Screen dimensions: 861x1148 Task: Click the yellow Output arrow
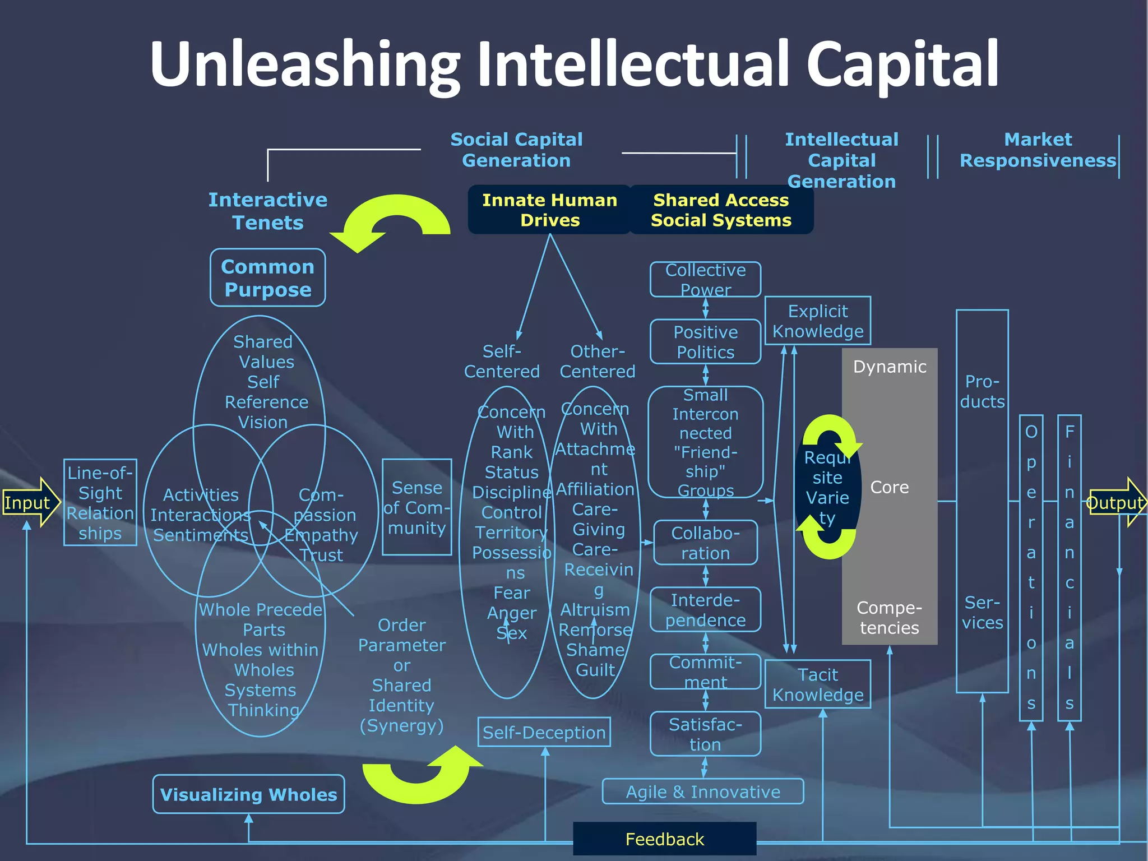1115,503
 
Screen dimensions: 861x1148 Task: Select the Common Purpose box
268,278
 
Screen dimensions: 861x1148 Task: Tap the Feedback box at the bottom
664,839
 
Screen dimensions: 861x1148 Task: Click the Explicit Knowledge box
818,321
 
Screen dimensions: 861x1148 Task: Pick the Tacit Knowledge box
818,684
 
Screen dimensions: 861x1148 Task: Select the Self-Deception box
544,733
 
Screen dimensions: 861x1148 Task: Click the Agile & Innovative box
703,791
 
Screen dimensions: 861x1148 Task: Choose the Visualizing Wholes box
248,794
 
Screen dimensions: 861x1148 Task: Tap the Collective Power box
705,280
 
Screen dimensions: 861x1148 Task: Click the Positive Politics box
705,342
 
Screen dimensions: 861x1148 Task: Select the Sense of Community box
417,507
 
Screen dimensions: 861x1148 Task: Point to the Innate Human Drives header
549,210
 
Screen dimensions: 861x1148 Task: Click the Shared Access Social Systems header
721,210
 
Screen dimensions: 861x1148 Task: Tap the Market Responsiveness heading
1038,150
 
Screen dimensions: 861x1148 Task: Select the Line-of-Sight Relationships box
100,503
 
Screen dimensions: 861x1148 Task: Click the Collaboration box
705,543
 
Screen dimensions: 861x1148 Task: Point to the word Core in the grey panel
889,487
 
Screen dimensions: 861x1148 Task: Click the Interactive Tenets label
268,211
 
